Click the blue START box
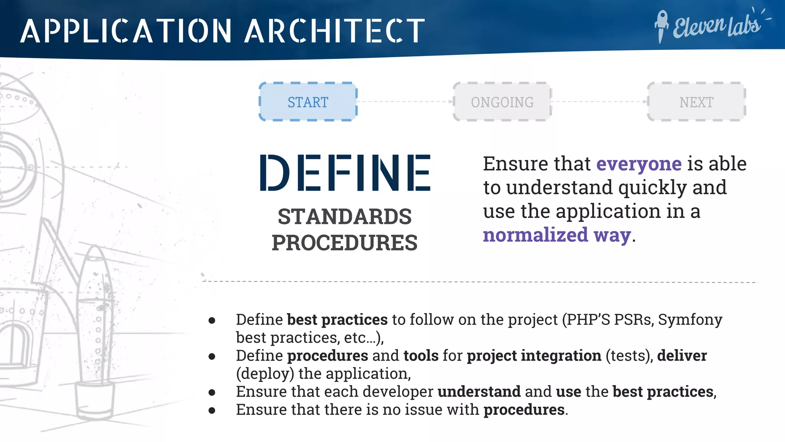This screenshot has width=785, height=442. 308,102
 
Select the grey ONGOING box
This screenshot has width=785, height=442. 502,102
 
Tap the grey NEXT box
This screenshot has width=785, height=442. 696,102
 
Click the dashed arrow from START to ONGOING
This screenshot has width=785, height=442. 405,102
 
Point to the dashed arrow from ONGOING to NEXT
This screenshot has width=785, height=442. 599,102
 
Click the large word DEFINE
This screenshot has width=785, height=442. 345,173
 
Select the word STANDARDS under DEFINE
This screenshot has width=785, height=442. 345,217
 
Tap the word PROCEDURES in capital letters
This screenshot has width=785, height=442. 345,243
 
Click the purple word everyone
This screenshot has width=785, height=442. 639,164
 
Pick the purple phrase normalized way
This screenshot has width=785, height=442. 557,235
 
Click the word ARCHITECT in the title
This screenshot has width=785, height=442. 335,31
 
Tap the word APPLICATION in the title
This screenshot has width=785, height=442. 126,31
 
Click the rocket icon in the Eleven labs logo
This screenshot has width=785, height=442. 661,26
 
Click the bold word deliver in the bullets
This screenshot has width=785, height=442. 682,356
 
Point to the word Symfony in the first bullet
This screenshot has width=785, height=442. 690,320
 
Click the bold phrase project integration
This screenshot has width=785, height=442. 534,356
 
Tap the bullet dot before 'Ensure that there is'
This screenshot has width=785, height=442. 212,411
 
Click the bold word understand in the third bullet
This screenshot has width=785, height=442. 479,392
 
